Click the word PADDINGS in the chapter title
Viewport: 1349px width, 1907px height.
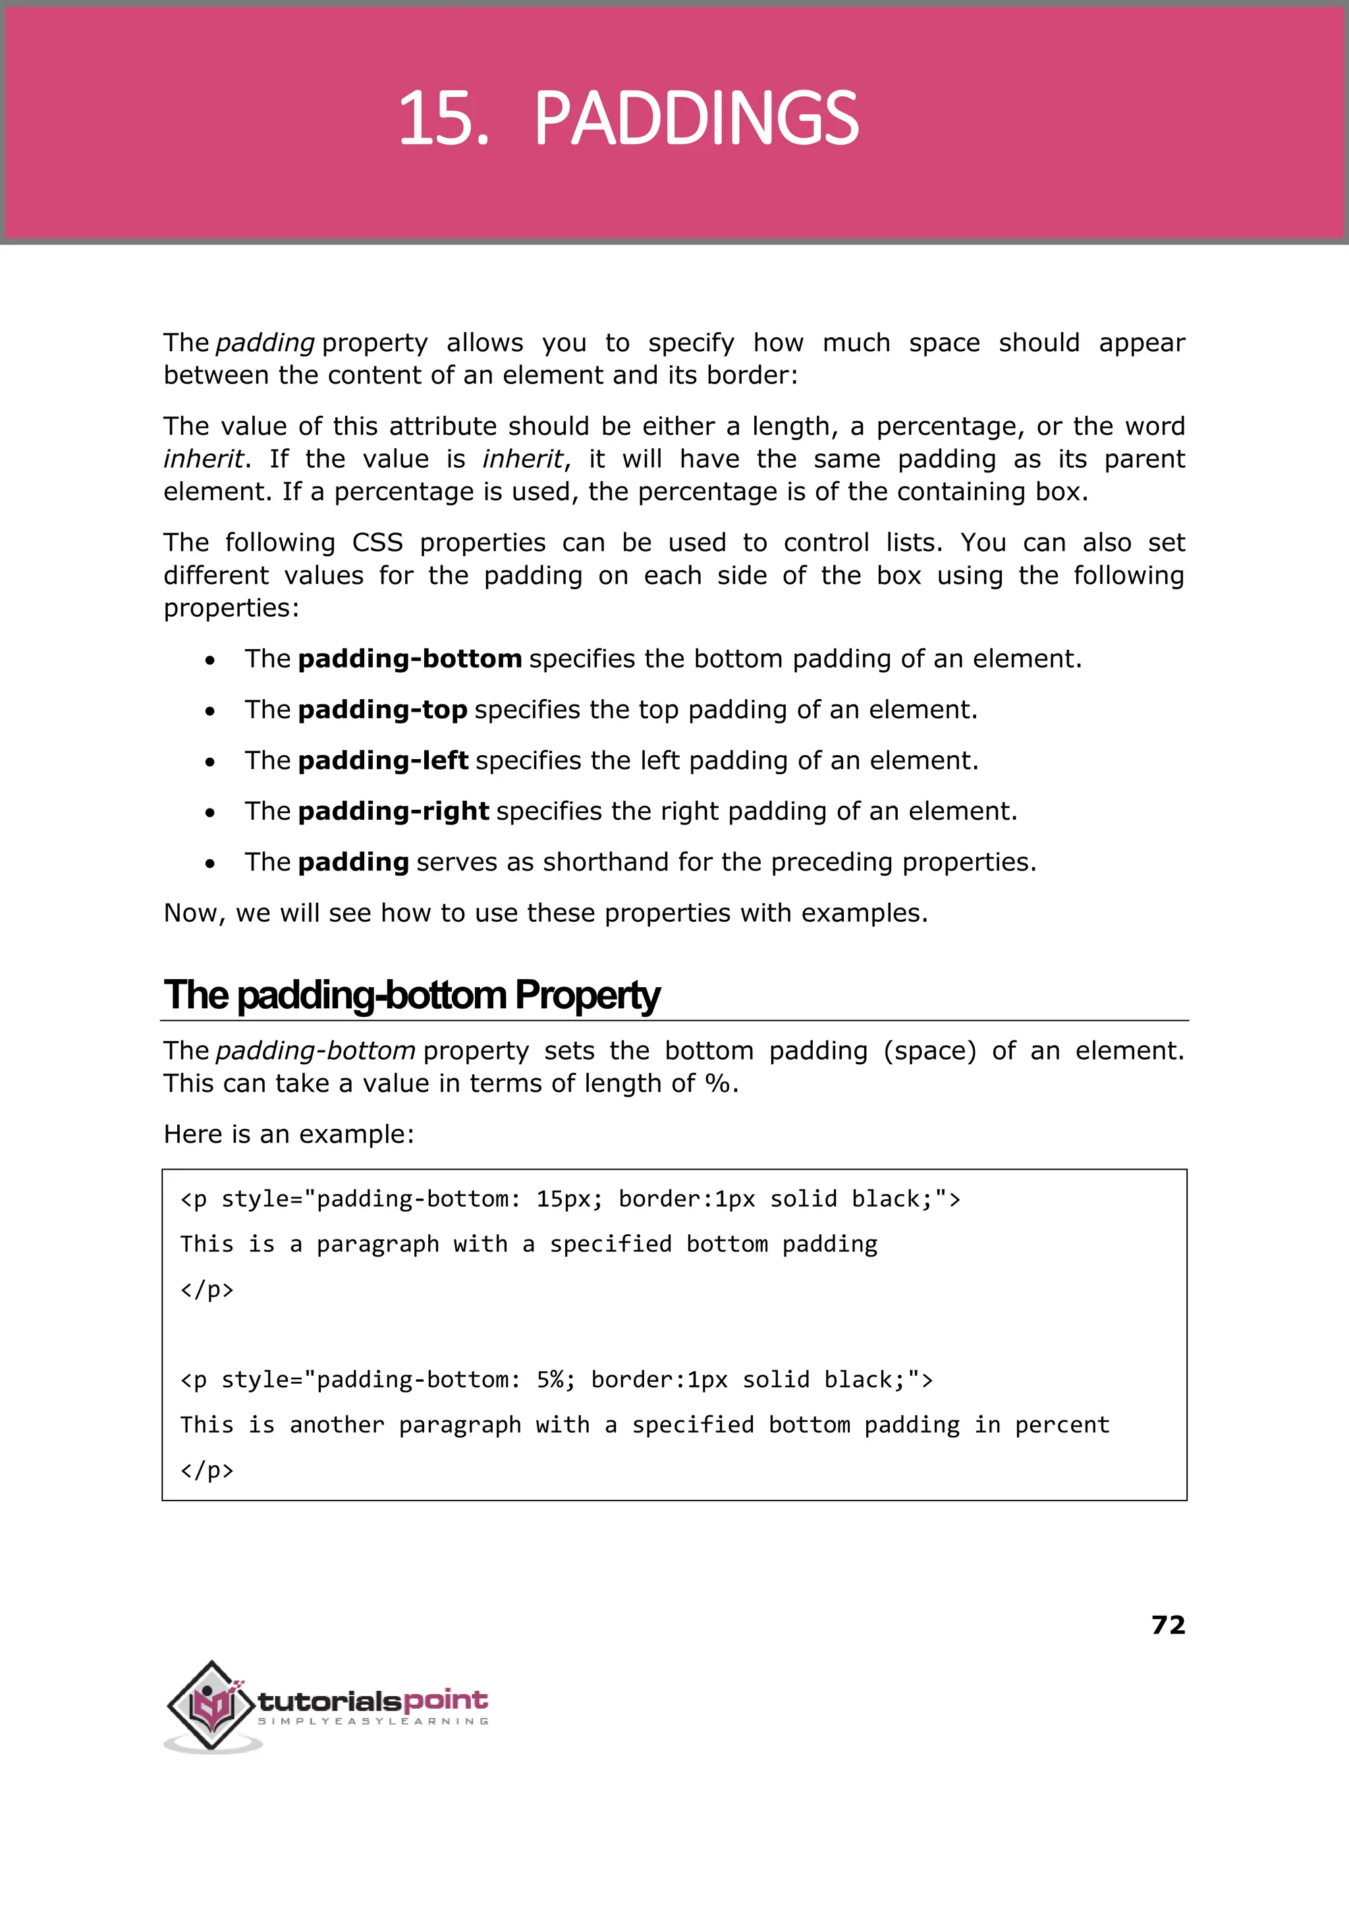coord(696,119)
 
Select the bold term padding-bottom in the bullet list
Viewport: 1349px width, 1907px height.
coord(410,659)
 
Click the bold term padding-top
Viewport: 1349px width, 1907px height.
coord(382,710)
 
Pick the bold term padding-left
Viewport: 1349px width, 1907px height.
coord(383,760)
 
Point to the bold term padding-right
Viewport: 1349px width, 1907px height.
coord(393,811)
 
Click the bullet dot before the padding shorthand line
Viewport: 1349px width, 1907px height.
coord(210,864)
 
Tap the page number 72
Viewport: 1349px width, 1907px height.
coord(1168,1624)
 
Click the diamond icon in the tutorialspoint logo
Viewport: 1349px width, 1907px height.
coord(212,1703)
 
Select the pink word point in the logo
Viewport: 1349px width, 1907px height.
coord(445,1700)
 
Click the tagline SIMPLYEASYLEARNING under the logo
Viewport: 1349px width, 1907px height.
coord(373,1721)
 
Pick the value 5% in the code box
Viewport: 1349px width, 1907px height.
coord(555,1380)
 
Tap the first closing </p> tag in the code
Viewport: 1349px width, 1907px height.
coord(207,1290)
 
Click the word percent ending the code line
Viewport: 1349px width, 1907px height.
coord(1062,1425)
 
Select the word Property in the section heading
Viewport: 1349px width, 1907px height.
coord(588,996)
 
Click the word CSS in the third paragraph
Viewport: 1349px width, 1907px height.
coord(377,542)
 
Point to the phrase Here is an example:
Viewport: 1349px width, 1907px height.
coord(289,1134)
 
